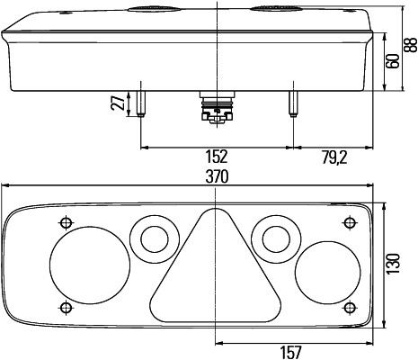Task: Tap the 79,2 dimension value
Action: tap(334, 157)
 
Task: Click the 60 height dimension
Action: tap(392, 63)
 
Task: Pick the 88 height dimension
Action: tap(411, 47)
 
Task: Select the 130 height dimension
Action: tap(392, 265)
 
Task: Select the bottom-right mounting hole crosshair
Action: tap(350, 309)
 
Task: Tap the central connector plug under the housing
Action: tap(216, 106)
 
